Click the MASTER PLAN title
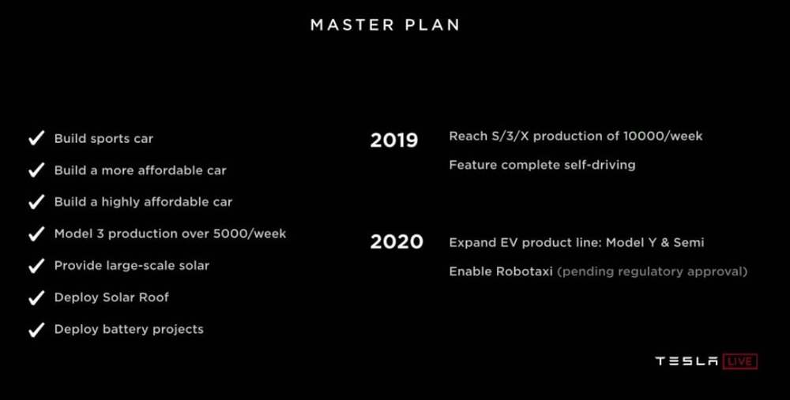385,24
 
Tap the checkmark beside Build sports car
36,138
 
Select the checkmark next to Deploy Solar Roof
36,297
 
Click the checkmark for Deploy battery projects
36,330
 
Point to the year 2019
394,140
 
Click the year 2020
397,242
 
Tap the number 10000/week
663,136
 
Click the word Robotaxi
525,271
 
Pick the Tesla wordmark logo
687,361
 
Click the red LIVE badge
739,361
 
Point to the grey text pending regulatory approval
652,271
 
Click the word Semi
688,242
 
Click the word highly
122,202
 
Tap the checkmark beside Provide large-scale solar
36,266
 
